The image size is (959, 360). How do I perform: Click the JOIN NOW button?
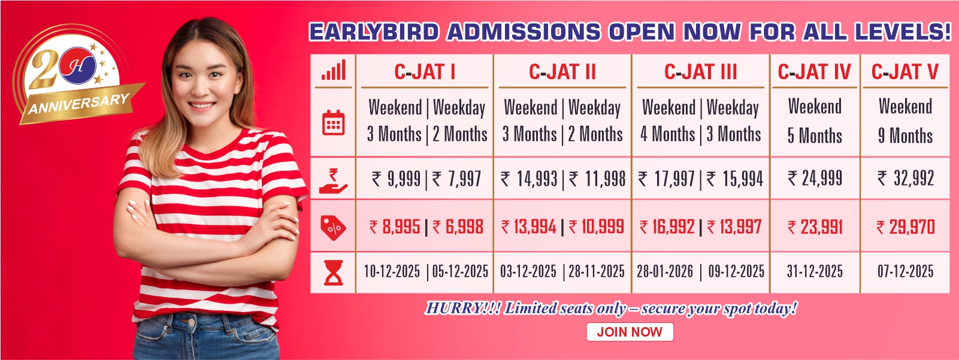pyautogui.click(x=630, y=332)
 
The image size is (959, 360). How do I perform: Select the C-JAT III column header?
pyautogui.click(x=700, y=71)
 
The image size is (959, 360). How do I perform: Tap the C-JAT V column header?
pyautogui.click(x=905, y=71)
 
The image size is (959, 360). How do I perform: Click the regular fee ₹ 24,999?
pyautogui.click(x=815, y=178)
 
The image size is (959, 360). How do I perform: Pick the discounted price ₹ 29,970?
pyautogui.click(x=906, y=227)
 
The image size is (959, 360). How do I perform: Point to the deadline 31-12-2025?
pyautogui.click(x=815, y=271)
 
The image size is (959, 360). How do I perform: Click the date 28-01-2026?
pyautogui.click(x=665, y=271)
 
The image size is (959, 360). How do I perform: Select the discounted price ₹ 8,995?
pyautogui.click(x=395, y=227)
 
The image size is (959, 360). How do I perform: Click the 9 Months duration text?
pyautogui.click(x=905, y=136)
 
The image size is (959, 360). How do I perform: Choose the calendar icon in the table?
pyautogui.click(x=334, y=123)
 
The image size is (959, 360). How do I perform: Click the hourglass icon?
pyautogui.click(x=334, y=273)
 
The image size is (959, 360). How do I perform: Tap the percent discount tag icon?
pyautogui.click(x=334, y=227)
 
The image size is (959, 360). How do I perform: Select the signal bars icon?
pyautogui.click(x=334, y=70)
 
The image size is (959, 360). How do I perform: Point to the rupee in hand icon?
pyautogui.click(x=333, y=181)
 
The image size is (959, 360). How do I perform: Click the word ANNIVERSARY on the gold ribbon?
pyautogui.click(x=79, y=104)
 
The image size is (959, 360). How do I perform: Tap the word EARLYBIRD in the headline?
pyautogui.click(x=374, y=32)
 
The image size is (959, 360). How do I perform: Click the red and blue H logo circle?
pyautogui.click(x=77, y=65)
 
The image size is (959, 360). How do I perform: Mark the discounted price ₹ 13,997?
pyautogui.click(x=734, y=227)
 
